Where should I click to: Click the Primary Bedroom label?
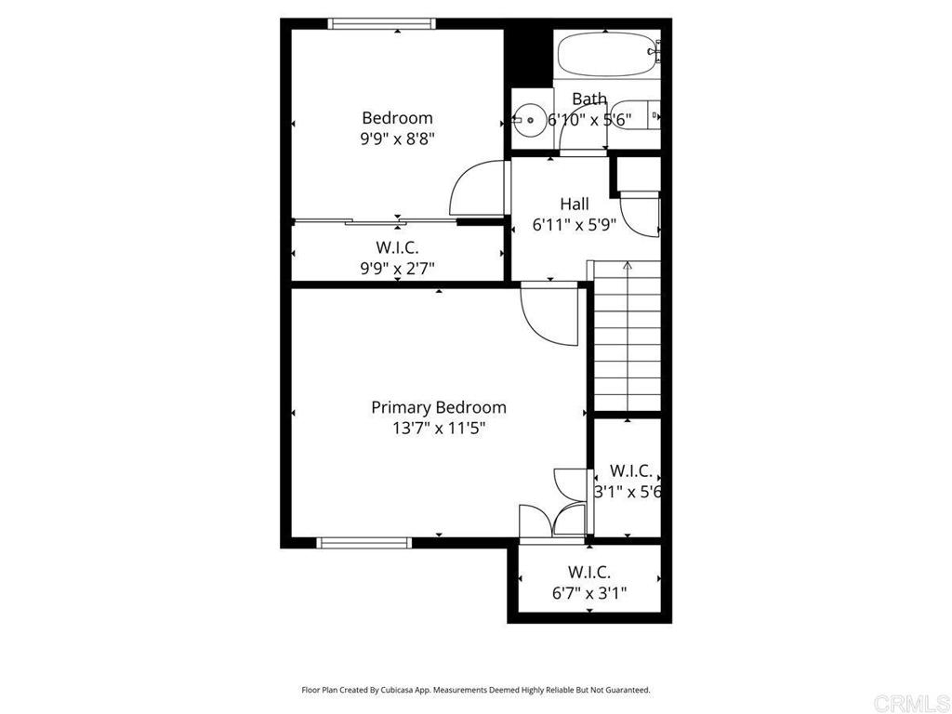coord(439,407)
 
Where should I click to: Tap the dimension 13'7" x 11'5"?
coord(439,429)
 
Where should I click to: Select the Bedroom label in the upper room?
coord(397,117)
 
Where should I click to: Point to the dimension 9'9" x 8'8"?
coord(398,139)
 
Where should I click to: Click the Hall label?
coord(574,204)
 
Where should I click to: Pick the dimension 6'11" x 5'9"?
coord(575,225)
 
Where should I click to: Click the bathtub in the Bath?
coord(608,54)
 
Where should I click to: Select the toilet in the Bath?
coord(635,114)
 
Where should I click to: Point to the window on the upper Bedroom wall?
coord(382,23)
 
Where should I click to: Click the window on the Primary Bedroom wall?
coord(364,543)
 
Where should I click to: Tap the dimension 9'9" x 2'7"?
coord(397,268)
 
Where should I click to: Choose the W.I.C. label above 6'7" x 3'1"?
coord(588,572)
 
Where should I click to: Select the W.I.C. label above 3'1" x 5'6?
coord(631,470)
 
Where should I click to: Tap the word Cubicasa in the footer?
coord(398,690)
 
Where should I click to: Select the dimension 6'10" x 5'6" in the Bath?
coord(589,120)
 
